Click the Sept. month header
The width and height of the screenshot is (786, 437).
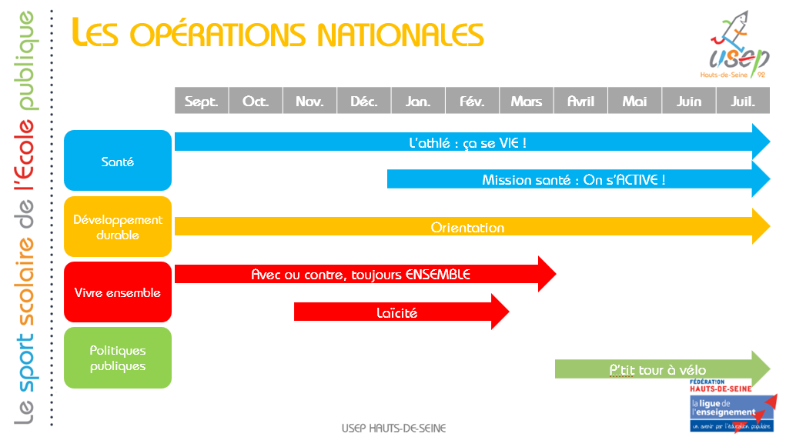pyautogui.click(x=202, y=101)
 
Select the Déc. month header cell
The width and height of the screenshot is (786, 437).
pyautogui.click(x=364, y=101)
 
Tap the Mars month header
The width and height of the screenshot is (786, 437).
pyautogui.click(x=527, y=101)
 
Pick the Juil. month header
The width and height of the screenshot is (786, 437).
pyautogui.click(x=743, y=101)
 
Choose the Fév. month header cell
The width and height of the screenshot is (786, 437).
pyautogui.click(x=472, y=101)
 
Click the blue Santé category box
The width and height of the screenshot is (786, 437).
pyautogui.click(x=118, y=160)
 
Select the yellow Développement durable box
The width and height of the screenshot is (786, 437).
pyautogui.click(x=118, y=226)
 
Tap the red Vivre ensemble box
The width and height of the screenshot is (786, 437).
pyautogui.click(x=118, y=292)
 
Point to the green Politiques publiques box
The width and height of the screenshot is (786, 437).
pyautogui.click(x=118, y=358)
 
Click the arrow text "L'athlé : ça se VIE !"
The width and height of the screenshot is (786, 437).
pyautogui.click(x=468, y=143)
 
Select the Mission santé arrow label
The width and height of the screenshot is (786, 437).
pyautogui.click(x=574, y=180)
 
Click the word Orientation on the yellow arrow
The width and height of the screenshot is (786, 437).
pyautogui.click(x=468, y=228)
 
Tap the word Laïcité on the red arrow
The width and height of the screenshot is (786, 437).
pyautogui.click(x=397, y=313)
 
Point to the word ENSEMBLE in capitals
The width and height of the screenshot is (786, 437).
pyautogui.click(x=437, y=275)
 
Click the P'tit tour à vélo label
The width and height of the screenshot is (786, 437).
pyautogui.click(x=657, y=370)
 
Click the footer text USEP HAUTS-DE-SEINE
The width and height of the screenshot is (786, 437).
pyautogui.click(x=394, y=429)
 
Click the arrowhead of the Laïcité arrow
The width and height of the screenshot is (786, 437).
pyautogui.click(x=500, y=312)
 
